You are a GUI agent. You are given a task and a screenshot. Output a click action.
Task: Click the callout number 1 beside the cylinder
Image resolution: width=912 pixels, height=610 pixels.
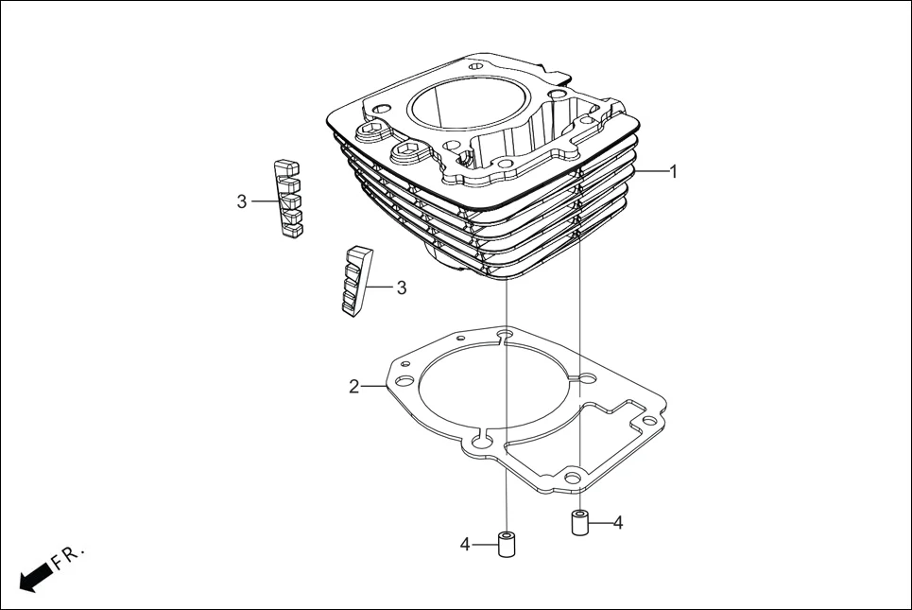pos(673,172)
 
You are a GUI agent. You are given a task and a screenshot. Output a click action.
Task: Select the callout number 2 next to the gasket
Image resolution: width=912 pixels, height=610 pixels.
pos(353,386)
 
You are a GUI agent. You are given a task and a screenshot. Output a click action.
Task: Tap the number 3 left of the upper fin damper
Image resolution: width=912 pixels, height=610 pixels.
pos(242,201)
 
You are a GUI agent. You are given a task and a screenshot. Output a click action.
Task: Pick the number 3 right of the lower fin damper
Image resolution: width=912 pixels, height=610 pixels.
pos(401,288)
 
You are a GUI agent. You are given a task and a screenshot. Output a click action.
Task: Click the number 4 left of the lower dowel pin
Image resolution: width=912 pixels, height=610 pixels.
pos(465,544)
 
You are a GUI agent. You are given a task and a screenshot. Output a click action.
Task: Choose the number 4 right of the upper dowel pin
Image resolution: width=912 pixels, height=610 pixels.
pos(618,522)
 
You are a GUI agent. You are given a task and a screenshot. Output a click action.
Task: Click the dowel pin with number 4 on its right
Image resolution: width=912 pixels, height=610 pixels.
pos(579,523)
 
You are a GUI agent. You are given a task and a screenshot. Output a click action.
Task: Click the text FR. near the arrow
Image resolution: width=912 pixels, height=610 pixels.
pos(68,556)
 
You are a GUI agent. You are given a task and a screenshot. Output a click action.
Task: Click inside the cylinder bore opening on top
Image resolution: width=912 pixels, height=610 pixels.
pos(463,104)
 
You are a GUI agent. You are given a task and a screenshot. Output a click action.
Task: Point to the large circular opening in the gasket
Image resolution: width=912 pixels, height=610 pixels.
pos(491,388)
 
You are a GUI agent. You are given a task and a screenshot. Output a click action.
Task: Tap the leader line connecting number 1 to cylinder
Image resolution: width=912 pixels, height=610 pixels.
pos(652,172)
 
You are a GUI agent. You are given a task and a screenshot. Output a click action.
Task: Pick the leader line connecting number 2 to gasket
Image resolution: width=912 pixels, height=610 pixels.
pos(373,385)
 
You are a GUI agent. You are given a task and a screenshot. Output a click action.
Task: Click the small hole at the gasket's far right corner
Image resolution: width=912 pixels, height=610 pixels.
pos(648,420)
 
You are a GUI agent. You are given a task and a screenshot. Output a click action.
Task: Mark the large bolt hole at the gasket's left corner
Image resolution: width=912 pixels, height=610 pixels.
pos(404,381)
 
